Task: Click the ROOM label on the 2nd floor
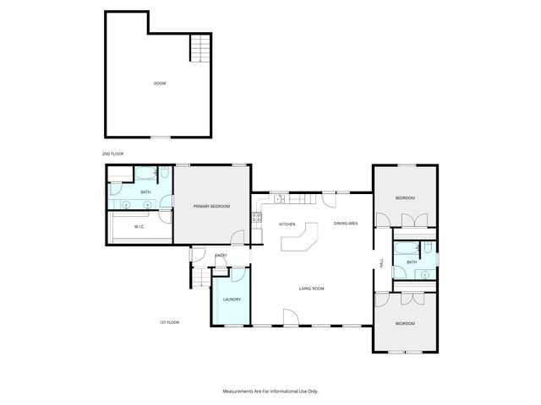point(160,84)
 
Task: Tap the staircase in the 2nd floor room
point(198,48)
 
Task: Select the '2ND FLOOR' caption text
point(113,154)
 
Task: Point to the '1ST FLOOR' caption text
point(169,322)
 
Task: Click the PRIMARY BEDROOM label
point(211,207)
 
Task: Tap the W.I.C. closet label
point(140,227)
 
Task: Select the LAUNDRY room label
point(232,300)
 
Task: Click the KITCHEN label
point(287,224)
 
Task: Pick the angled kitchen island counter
point(301,240)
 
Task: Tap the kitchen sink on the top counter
point(278,199)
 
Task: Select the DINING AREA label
point(346,224)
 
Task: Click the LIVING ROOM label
point(312,289)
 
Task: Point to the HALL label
point(381,262)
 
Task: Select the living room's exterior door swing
point(289,318)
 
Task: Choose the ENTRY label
point(221,256)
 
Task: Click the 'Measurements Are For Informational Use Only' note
point(270,391)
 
